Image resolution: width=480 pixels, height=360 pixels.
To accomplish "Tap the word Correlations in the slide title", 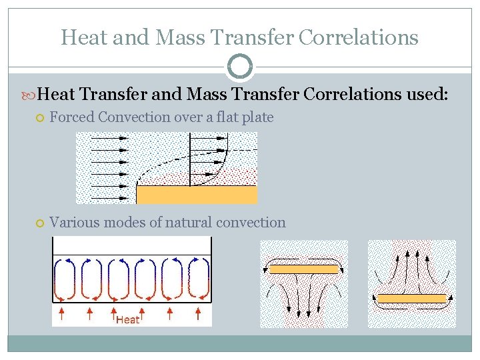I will tap(358, 37).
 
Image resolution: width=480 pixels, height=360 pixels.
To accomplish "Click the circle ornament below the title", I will tap(240, 67).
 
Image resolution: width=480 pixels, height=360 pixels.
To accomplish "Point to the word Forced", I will tap(72, 117).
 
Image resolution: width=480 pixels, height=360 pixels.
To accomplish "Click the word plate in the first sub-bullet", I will tap(257, 117).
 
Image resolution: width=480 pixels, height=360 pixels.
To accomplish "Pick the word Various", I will tap(75, 223).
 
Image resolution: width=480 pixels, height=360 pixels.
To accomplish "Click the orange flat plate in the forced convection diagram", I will tap(197, 194).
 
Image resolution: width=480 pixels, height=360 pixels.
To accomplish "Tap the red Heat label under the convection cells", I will tap(128, 320).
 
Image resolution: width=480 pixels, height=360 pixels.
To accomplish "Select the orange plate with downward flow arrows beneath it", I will tap(303, 269).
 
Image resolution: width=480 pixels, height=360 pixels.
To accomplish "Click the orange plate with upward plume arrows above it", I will tap(411, 299).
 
